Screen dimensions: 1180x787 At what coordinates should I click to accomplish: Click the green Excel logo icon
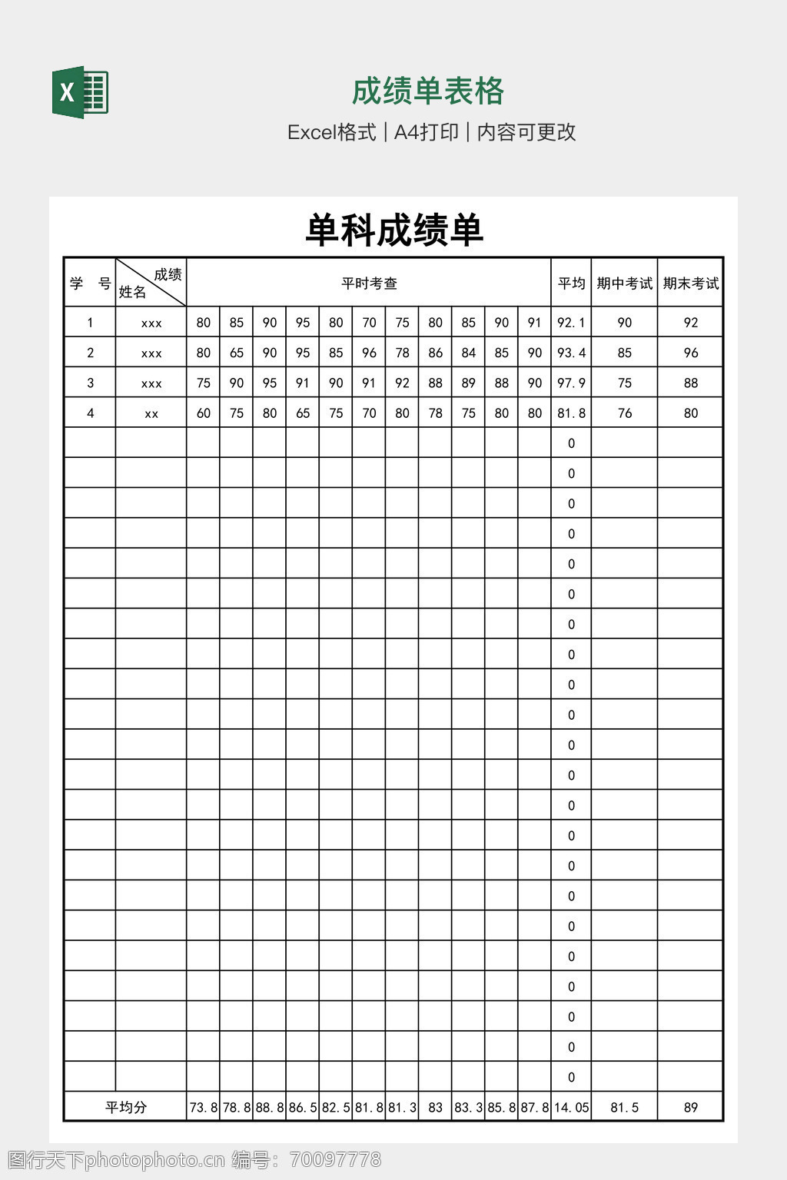tap(80, 92)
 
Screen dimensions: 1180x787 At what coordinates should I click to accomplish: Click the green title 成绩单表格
tap(427, 91)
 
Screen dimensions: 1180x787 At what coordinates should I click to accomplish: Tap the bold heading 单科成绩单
tap(393, 230)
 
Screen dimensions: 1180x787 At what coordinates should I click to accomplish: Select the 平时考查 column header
tap(369, 283)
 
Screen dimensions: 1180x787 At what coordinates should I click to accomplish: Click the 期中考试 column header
tap(624, 283)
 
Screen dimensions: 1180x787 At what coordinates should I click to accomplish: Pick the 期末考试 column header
tap(690, 283)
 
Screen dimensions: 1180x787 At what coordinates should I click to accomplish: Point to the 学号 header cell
tap(90, 283)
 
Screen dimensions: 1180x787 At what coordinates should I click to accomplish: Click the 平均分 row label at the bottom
tap(125, 1107)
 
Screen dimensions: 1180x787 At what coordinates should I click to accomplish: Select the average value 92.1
tap(571, 323)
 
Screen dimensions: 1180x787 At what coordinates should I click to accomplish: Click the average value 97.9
tap(571, 383)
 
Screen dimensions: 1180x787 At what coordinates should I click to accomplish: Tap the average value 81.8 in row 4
tap(571, 413)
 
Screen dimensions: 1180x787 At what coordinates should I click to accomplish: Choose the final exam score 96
tap(690, 353)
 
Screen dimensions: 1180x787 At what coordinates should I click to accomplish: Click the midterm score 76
tap(624, 413)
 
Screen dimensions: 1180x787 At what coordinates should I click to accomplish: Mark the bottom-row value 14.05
tap(571, 1107)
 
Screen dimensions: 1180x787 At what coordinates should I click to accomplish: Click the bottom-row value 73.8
tap(203, 1107)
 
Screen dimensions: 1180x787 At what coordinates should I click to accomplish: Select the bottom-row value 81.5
tap(624, 1107)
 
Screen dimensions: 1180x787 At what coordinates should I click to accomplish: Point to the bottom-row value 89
tap(690, 1107)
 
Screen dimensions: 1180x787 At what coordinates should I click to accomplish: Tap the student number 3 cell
tap(90, 383)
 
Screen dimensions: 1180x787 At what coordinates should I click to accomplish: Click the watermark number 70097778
tap(333, 1159)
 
